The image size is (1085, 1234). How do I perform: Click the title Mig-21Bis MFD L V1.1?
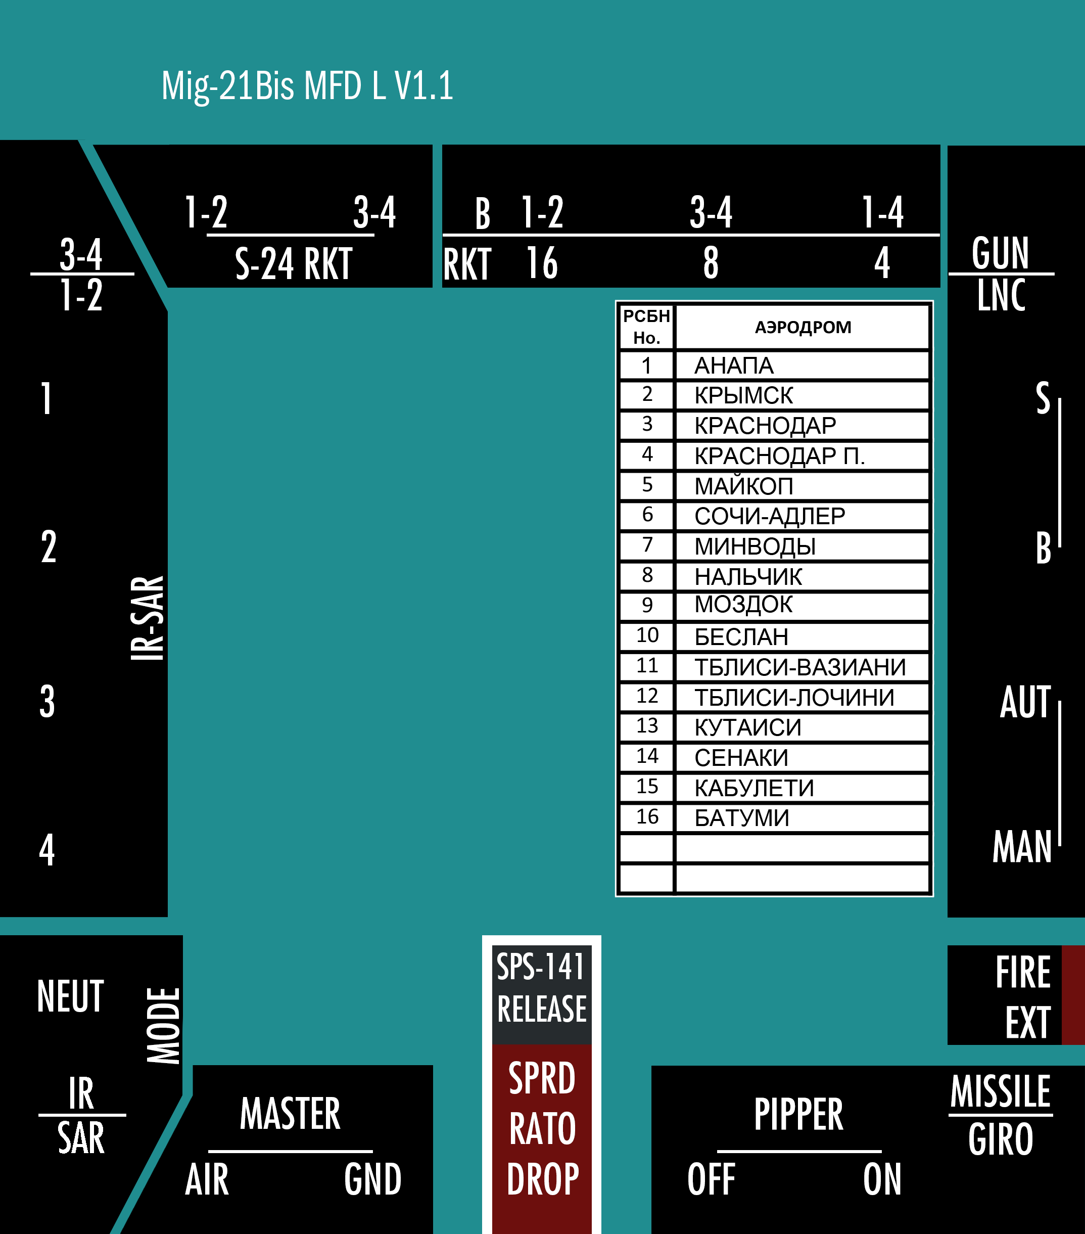point(307,86)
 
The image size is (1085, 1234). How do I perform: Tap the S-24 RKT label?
point(293,264)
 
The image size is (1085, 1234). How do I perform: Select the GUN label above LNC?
point(1000,253)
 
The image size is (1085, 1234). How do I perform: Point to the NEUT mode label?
point(71,996)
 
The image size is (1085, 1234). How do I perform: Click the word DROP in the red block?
point(543,1179)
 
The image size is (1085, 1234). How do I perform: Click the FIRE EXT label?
point(1023,997)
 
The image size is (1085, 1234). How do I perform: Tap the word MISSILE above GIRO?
point(1001,1091)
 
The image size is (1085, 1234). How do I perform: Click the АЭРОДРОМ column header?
point(803,327)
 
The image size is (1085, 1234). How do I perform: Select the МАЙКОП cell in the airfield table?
point(743,486)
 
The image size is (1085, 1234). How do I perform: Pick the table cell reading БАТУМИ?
point(742,817)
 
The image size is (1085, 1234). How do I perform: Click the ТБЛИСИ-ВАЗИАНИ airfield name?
point(800,667)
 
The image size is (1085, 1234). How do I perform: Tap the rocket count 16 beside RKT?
point(542,263)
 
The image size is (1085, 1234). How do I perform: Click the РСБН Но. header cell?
point(646,327)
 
